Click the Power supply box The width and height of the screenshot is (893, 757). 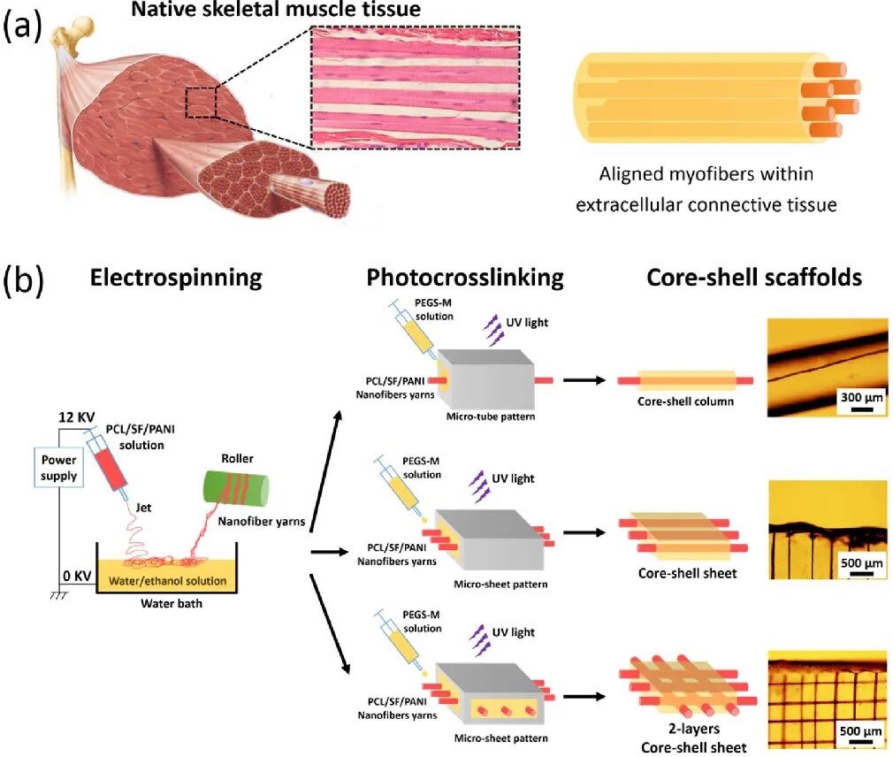pos(57,467)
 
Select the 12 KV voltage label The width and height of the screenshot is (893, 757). pos(76,417)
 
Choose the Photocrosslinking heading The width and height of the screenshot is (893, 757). pos(465,278)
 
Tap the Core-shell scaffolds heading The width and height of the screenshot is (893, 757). pos(754,278)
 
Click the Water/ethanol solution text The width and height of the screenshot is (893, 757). pos(168,581)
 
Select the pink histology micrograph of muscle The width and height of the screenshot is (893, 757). pos(415,86)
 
